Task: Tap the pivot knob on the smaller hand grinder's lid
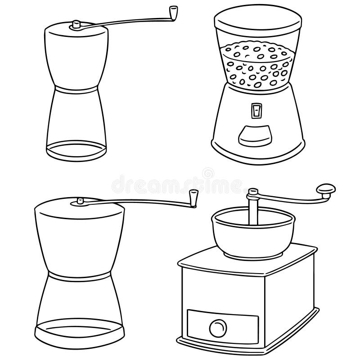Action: [x=76, y=24]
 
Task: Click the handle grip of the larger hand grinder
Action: [x=193, y=198]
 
